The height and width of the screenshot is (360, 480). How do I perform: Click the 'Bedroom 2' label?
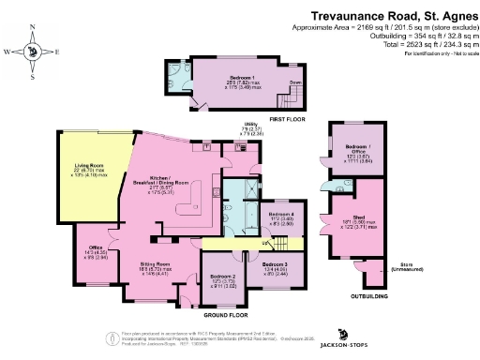222,277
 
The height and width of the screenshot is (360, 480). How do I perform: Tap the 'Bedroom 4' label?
281,214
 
